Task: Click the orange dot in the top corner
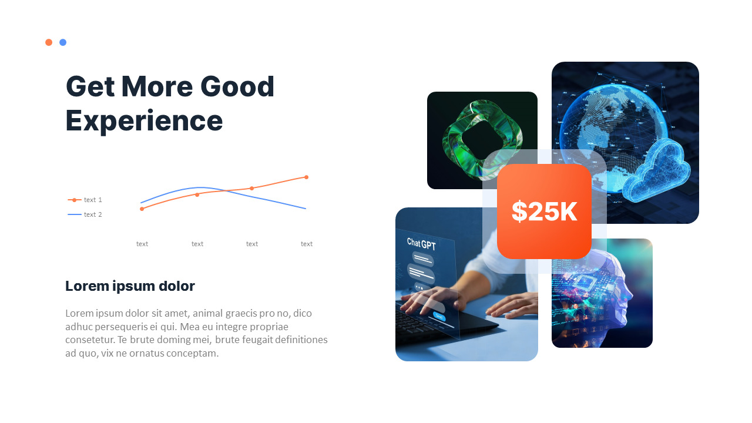49,42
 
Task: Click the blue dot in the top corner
63,42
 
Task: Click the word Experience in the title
144,120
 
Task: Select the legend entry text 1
92,200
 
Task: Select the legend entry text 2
92,214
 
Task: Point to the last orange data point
306,177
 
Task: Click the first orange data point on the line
142,209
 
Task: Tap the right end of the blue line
305,209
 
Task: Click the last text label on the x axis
307,244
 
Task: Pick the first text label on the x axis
142,244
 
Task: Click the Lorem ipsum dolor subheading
130,286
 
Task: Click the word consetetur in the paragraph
90,340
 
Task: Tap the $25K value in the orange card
544,211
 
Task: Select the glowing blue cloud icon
657,170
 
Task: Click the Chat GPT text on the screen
421,244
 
